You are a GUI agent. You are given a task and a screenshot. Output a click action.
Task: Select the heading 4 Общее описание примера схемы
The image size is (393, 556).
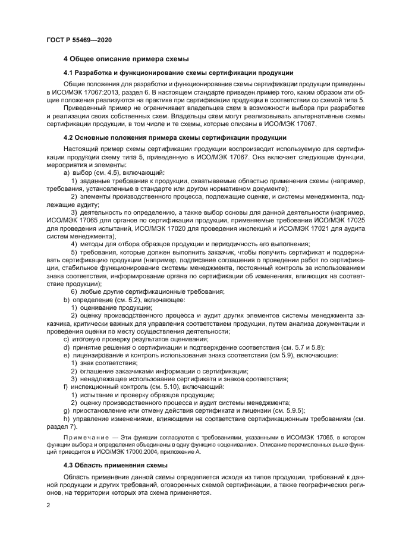coord(126,59)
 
